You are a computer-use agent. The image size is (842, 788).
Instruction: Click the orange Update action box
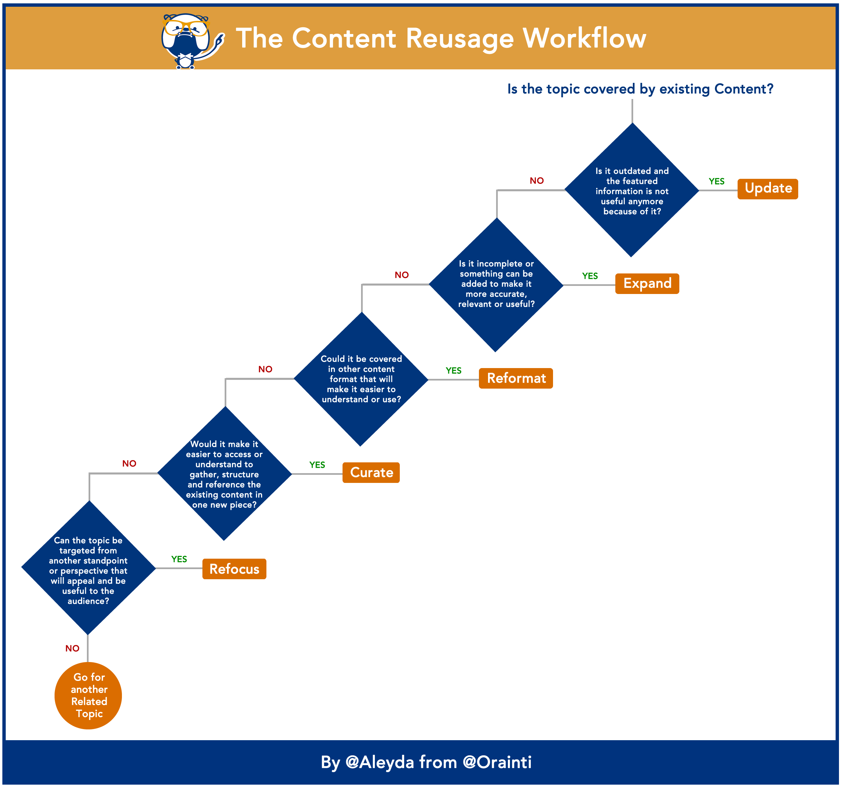point(768,189)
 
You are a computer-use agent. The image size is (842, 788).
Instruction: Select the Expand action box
point(647,284)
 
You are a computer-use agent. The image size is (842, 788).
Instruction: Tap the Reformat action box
point(515,378)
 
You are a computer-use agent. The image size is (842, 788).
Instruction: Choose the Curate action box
point(371,472)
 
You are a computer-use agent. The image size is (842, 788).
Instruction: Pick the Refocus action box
point(234,569)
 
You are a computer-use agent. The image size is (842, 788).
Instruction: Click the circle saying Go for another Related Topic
point(88,695)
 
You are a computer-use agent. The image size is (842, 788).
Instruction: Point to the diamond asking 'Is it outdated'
point(631,191)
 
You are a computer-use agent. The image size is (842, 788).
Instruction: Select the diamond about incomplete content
point(496,285)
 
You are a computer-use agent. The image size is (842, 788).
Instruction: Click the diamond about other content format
point(361,379)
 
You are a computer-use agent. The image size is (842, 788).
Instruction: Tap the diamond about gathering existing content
point(224,473)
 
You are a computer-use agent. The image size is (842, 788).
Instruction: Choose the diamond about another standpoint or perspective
point(89,568)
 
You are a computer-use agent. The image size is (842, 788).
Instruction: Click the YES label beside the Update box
point(717,181)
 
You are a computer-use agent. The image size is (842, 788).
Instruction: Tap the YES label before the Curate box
point(317,465)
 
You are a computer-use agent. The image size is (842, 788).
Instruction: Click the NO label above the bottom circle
point(72,648)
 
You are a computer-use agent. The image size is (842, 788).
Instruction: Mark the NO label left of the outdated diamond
point(537,181)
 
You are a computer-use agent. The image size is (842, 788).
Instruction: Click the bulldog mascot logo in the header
point(189,40)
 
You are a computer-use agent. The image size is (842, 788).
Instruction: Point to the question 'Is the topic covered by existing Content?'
point(640,89)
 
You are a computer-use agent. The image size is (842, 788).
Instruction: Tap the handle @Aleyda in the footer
point(380,762)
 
